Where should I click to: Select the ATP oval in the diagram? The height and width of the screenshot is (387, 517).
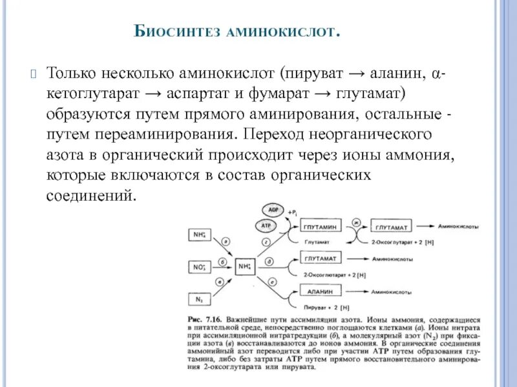click(x=266, y=226)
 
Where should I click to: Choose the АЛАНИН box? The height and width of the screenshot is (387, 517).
click(x=321, y=292)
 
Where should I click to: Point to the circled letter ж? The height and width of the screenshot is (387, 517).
click(x=355, y=223)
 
